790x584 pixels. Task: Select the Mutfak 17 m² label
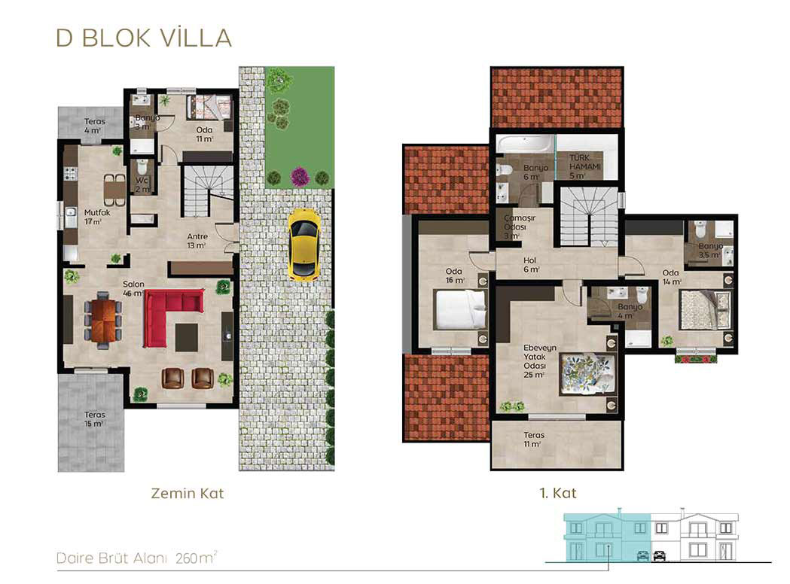click(97, 217)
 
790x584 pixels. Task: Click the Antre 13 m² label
click(197, 241)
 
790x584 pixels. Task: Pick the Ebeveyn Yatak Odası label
click(540, 361)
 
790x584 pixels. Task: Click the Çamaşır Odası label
click(520, 227)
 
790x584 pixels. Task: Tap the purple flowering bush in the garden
click(299, 177)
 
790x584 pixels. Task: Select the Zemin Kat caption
click(188, 493)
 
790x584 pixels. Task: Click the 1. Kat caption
click(558, 493)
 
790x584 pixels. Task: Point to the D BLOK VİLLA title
click(144, 38)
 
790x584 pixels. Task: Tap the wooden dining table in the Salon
click(103, 321)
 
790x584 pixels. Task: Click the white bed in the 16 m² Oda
click(460, 309)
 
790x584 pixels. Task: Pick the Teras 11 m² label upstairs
click(533, 440)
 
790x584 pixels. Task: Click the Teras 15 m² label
click(95, 419)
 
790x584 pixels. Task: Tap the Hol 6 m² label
click(530, 265)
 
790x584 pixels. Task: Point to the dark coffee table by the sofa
click(187, 337)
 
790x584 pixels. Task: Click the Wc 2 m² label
click(142, 185)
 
